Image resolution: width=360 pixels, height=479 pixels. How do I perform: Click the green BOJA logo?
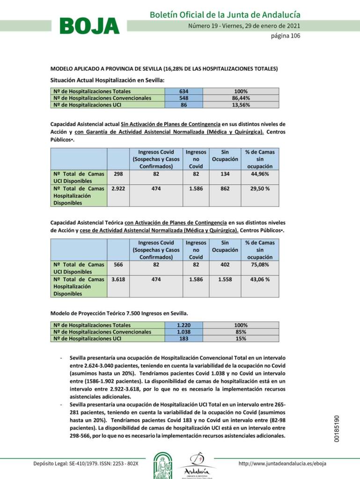point(89,26)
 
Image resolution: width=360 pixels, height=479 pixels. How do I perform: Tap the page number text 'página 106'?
point(286,36)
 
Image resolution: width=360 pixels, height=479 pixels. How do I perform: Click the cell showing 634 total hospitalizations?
point(184,91)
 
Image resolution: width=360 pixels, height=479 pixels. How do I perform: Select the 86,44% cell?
point(241,98)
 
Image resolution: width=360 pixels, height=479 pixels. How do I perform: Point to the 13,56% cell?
point(241,105)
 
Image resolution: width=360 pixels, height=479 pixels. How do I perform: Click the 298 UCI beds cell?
point(118,174)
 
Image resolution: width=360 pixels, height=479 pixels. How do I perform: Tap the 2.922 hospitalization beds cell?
point(118,189)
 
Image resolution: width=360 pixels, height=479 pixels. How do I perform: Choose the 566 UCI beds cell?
point(118,264)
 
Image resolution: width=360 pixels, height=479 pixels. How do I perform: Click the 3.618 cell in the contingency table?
point(118,279)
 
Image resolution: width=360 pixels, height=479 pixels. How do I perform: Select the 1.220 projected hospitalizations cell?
point(184,325)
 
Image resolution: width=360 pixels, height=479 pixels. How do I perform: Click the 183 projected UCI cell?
point(184,339)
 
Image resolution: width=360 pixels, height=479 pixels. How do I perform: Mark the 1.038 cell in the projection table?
point(184,332)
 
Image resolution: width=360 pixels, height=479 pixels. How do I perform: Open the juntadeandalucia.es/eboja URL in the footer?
point(282,464)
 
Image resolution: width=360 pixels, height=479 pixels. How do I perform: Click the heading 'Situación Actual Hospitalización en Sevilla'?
point(107,80)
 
